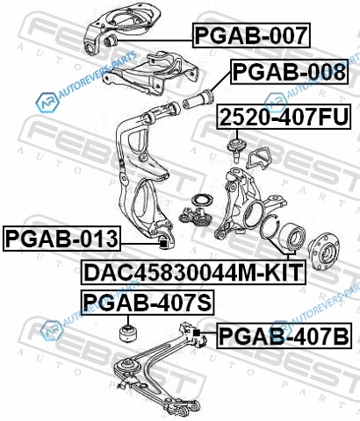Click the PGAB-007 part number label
pos(251,35)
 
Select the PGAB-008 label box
pos(290,72)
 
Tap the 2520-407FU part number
pos(284,117)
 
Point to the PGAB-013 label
pos(61,239)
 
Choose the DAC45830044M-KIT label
pos(193,272)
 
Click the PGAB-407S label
pos(148,303)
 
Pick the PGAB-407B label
pos(284,336)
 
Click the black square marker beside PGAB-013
pos(163,243)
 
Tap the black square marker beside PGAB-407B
pos(197,332)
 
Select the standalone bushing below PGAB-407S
pos(128,332)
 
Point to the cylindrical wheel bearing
pos(292,236)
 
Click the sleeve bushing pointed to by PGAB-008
pos(198,100)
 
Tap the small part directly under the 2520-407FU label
pos(237,149)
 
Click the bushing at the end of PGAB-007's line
pos(111,40)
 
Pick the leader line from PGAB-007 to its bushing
pos(155,40)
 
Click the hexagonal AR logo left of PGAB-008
pos(47,102)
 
